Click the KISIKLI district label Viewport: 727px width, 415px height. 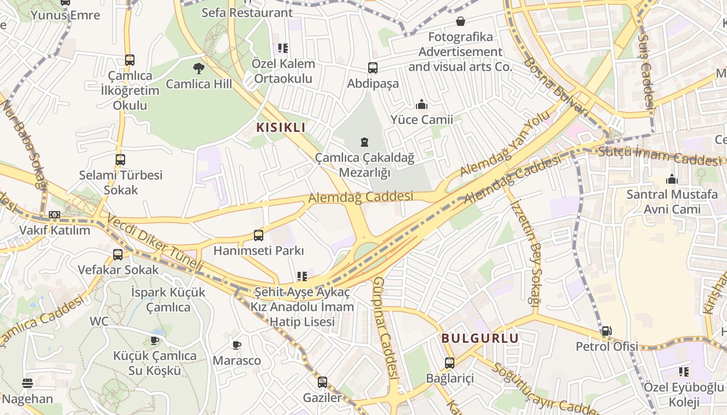280,128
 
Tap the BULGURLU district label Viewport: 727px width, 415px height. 480,338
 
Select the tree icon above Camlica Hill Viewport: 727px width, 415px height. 198,68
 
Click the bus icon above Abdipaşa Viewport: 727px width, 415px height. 373,68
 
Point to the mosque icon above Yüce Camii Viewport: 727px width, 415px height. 422,105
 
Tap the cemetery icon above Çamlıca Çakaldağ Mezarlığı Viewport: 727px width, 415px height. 365,142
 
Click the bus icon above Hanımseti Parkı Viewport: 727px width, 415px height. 259,236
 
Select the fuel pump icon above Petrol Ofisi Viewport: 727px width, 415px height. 606,331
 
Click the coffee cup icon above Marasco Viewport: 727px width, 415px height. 237,345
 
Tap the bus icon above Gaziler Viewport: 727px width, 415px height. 322,382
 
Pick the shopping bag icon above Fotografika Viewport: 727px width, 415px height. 460,21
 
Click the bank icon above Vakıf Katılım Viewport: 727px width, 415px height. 55,215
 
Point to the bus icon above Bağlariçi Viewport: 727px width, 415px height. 450,363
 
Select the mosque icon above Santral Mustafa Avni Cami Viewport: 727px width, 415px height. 672,179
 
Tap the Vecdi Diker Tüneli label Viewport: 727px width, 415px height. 156,242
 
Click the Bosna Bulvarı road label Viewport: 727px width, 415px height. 558,86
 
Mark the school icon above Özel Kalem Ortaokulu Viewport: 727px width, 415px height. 283,49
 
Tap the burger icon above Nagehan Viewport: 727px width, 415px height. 28,383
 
